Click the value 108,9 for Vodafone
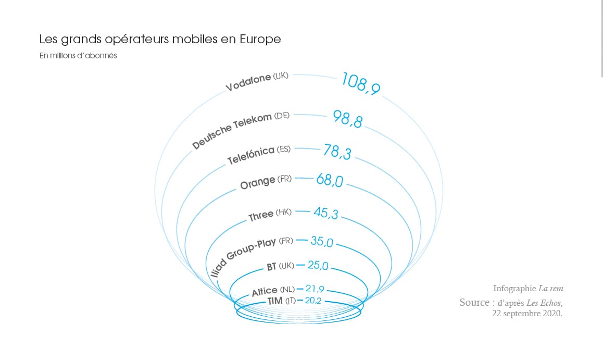[x=361, y=83]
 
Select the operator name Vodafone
[x=248, y=82]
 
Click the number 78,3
[x=337, y=152]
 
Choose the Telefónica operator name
[x=251, y=155]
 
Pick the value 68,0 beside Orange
[x=330, y=181]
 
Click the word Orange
[x=258, y=183]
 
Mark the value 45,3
[x=326, y=213]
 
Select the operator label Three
[x=261, y=216]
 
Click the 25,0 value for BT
[x=318, y=265]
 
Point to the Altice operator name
[x=265, y=292]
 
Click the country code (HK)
[x=284, y=212]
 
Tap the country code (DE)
[x=282, y=115]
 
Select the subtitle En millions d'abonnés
[x=78, y=56]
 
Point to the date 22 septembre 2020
[x=527, y=314]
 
